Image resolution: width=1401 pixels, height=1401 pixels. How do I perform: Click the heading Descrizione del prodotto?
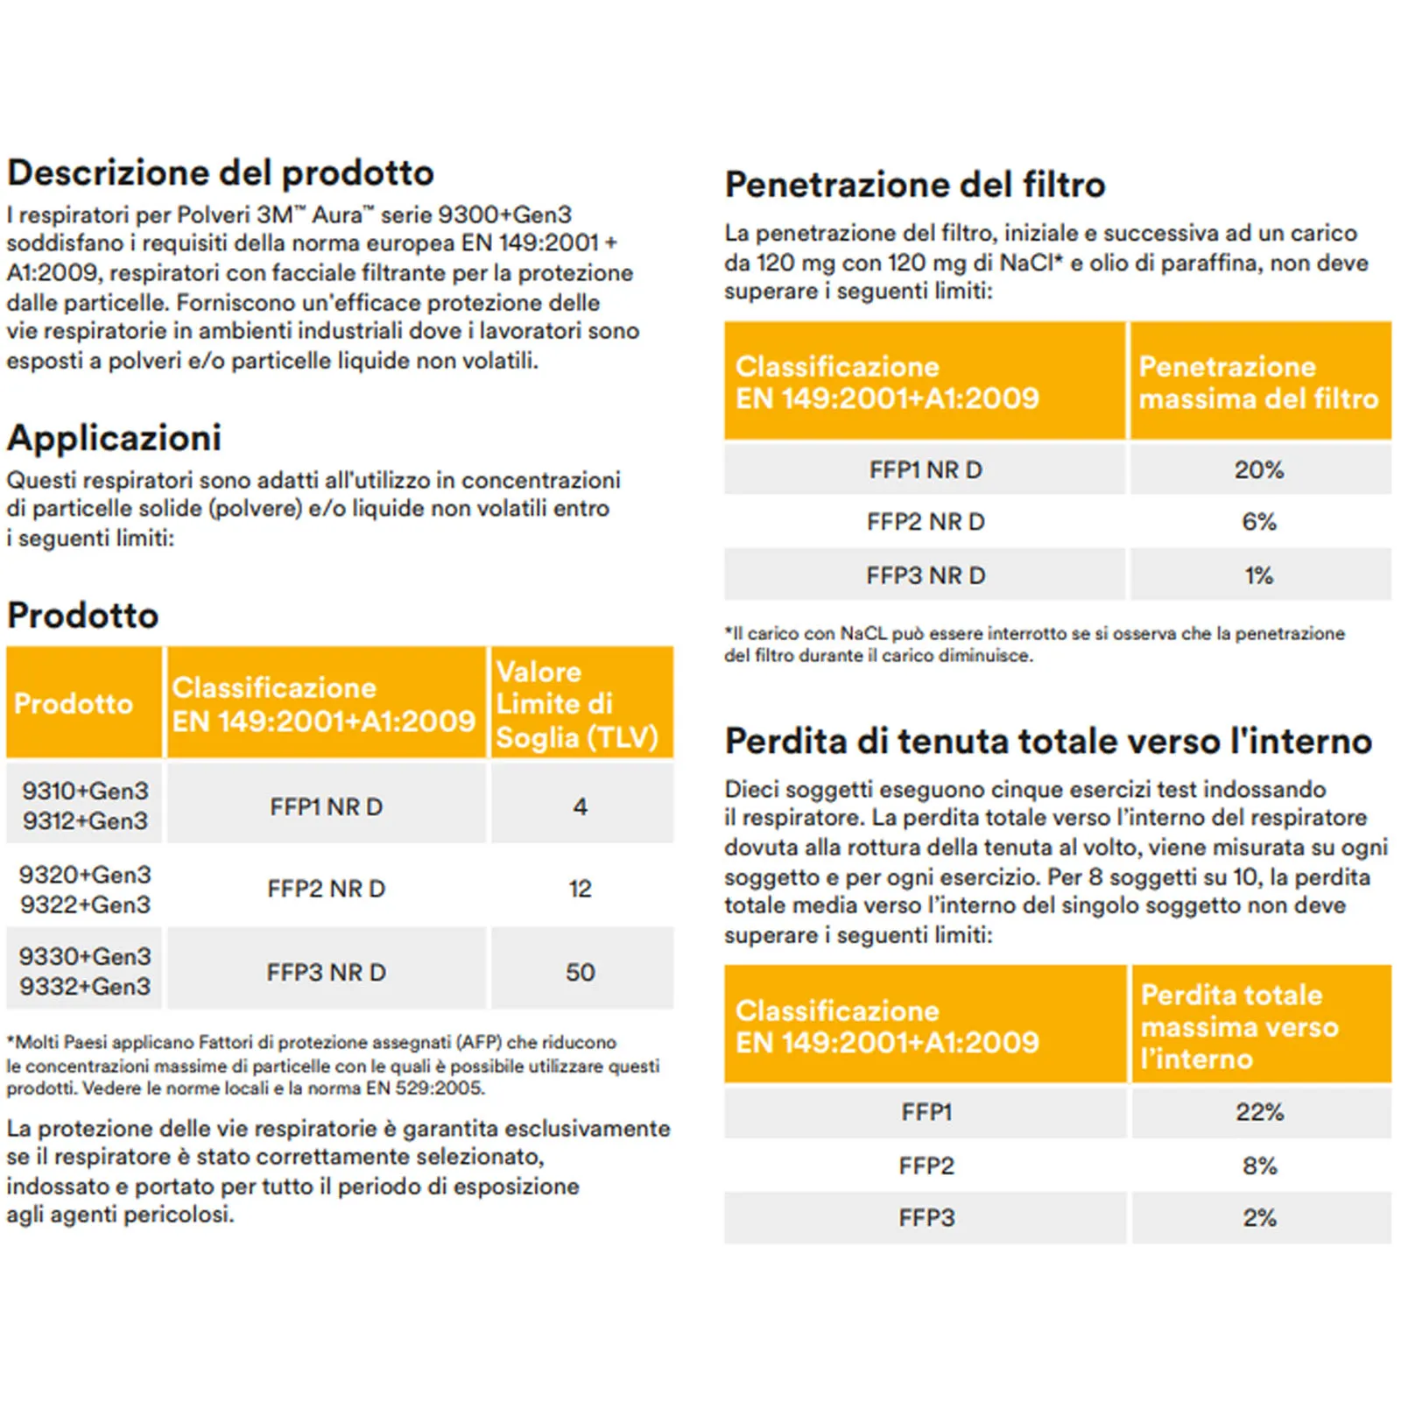coord(221,172)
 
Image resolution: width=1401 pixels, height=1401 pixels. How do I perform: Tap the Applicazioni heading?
coord(114,438)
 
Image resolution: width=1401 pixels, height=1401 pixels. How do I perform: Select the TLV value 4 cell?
coord(580,806)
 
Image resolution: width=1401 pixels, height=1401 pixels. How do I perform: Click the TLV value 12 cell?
coord(580,889)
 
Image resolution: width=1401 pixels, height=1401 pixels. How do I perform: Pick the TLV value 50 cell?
coord(580,972)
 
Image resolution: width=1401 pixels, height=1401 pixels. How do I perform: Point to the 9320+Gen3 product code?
coord(85,875)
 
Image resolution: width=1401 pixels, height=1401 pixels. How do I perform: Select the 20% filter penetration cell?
coord(1258,470)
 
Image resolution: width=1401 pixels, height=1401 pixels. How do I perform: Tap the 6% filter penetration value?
coord(1258,522)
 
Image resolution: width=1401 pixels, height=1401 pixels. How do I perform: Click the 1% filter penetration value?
coord(1258,575)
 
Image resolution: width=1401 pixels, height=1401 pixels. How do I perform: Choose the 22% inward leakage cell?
coord(1259,1112)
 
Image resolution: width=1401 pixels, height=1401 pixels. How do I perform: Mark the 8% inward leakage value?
coord(1259,1165)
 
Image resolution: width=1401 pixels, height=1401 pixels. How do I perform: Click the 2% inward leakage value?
coord(1259,1217)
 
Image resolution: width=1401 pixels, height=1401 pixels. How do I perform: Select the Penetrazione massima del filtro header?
coord(1258,383)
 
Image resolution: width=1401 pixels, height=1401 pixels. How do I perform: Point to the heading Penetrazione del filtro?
coord(915,185)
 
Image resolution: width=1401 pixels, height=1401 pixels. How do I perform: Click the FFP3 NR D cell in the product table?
coord(326,972)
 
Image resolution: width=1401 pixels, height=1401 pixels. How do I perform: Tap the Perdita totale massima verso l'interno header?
coord(1239,1026)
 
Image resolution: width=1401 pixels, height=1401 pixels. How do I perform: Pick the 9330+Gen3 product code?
coord(85,956)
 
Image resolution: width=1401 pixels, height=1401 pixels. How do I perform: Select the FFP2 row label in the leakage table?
coord(926,1165)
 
